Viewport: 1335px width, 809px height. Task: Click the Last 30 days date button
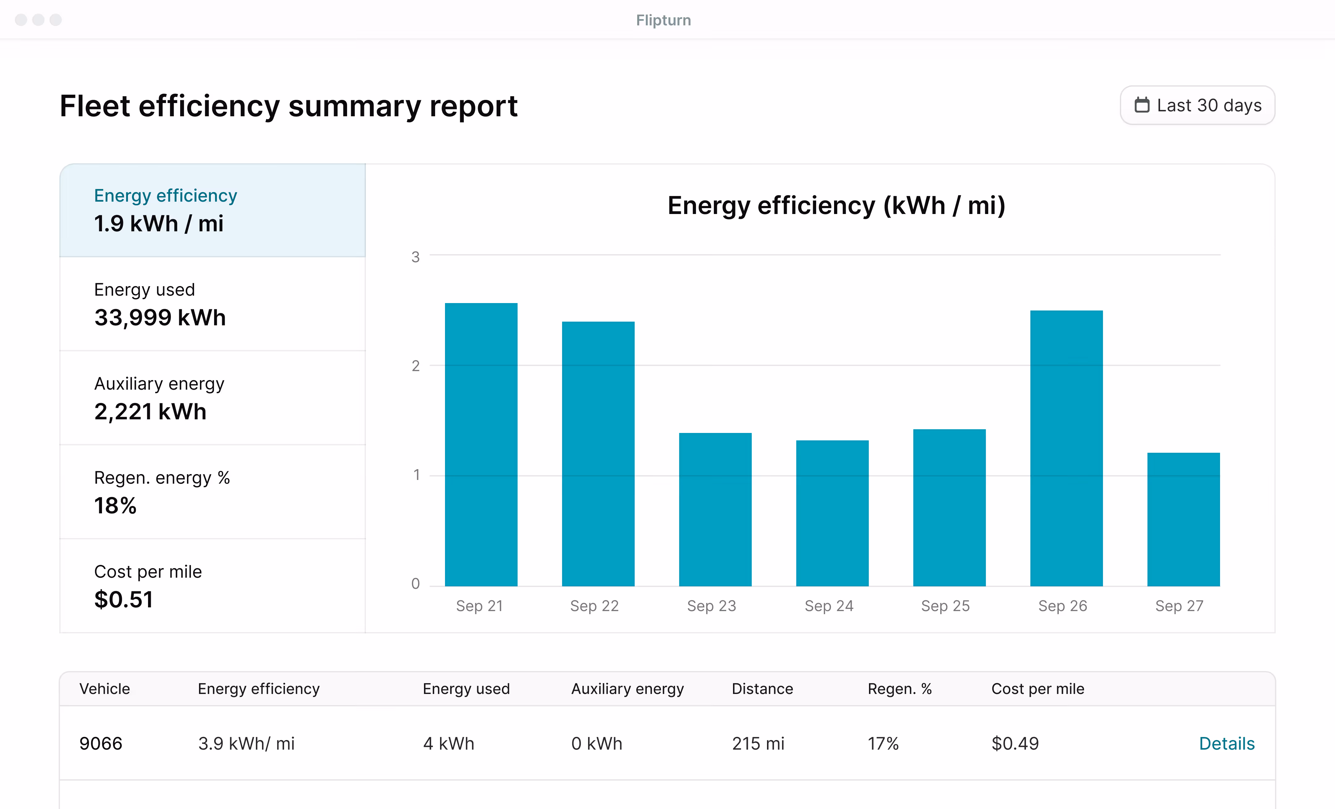[1197, 105]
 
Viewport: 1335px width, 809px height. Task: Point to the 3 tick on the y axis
[416, 257]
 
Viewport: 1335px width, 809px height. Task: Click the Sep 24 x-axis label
[829, 606]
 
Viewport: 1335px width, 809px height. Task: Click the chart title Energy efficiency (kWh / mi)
[836, 206]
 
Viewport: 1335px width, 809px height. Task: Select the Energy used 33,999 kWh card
[212, 304]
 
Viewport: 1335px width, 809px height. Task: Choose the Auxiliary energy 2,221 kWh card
[212, 398]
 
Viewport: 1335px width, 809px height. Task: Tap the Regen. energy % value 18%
[115, 506]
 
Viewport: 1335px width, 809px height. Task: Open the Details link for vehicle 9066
[1227, 743]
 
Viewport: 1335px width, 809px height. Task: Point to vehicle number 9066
[101, 743]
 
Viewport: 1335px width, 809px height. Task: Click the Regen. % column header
[899, 689]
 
